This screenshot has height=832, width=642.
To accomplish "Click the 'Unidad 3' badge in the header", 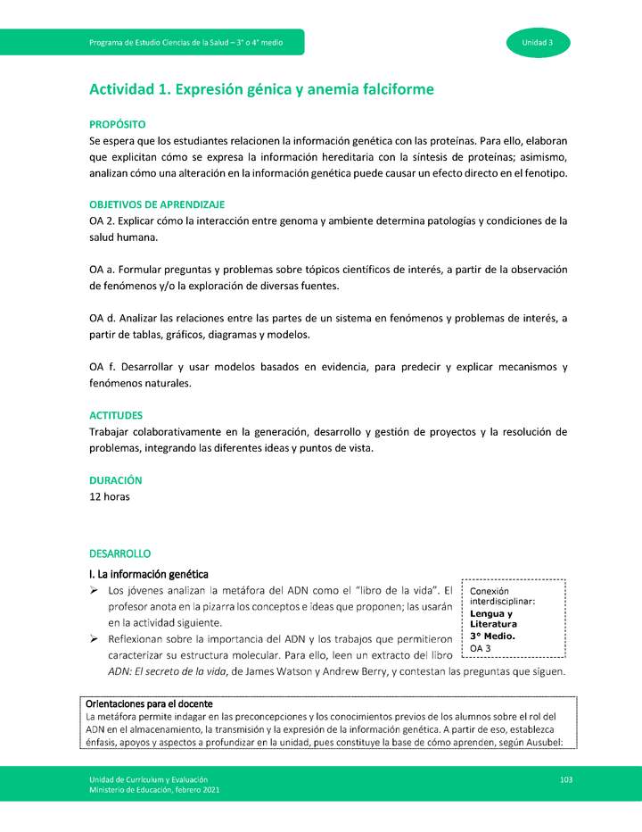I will tap(538, 43).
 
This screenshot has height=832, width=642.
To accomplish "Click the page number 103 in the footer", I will tap(565, 779).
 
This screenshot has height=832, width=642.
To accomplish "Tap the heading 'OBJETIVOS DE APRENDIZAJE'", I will tap(157, 204).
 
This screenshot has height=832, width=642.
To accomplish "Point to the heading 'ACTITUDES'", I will tap(116, 416).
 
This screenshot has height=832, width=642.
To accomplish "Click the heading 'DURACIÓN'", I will tap(116, 480).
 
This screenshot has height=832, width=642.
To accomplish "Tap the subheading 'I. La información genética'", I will tap(149, 573).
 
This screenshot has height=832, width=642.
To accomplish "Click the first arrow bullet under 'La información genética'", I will tap(95, 591).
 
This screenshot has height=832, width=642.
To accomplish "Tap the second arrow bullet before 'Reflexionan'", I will tap(95, 639).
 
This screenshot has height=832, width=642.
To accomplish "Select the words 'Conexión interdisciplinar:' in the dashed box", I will tap(501, 596).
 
